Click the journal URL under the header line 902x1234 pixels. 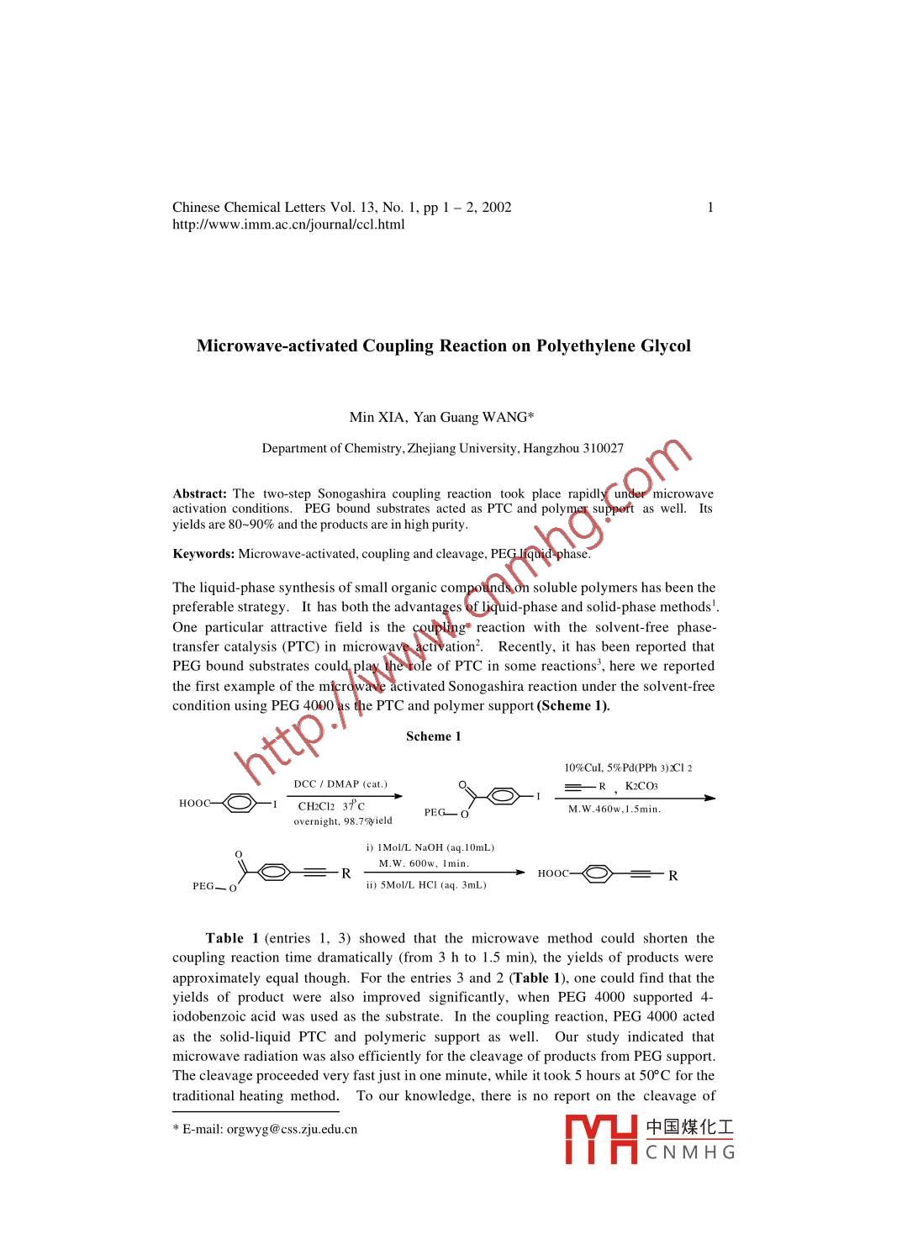(288, 224)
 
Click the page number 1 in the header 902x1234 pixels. (710, 208)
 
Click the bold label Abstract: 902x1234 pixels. (199, 494)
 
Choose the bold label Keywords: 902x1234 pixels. (203, 554)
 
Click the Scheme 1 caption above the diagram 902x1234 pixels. (433, 737)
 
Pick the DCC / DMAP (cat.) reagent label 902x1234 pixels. (340, 784)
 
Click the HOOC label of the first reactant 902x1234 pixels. (194, 804)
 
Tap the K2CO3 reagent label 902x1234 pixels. (641, 787)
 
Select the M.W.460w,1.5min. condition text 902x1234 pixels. (615, 809)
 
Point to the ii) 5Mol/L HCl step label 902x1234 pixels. (426, 885)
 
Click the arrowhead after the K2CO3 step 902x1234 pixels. (710, 798)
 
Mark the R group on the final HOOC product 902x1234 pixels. (673, 876)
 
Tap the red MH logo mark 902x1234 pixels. (601, 1139)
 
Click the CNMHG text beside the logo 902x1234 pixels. (690, 1152)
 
